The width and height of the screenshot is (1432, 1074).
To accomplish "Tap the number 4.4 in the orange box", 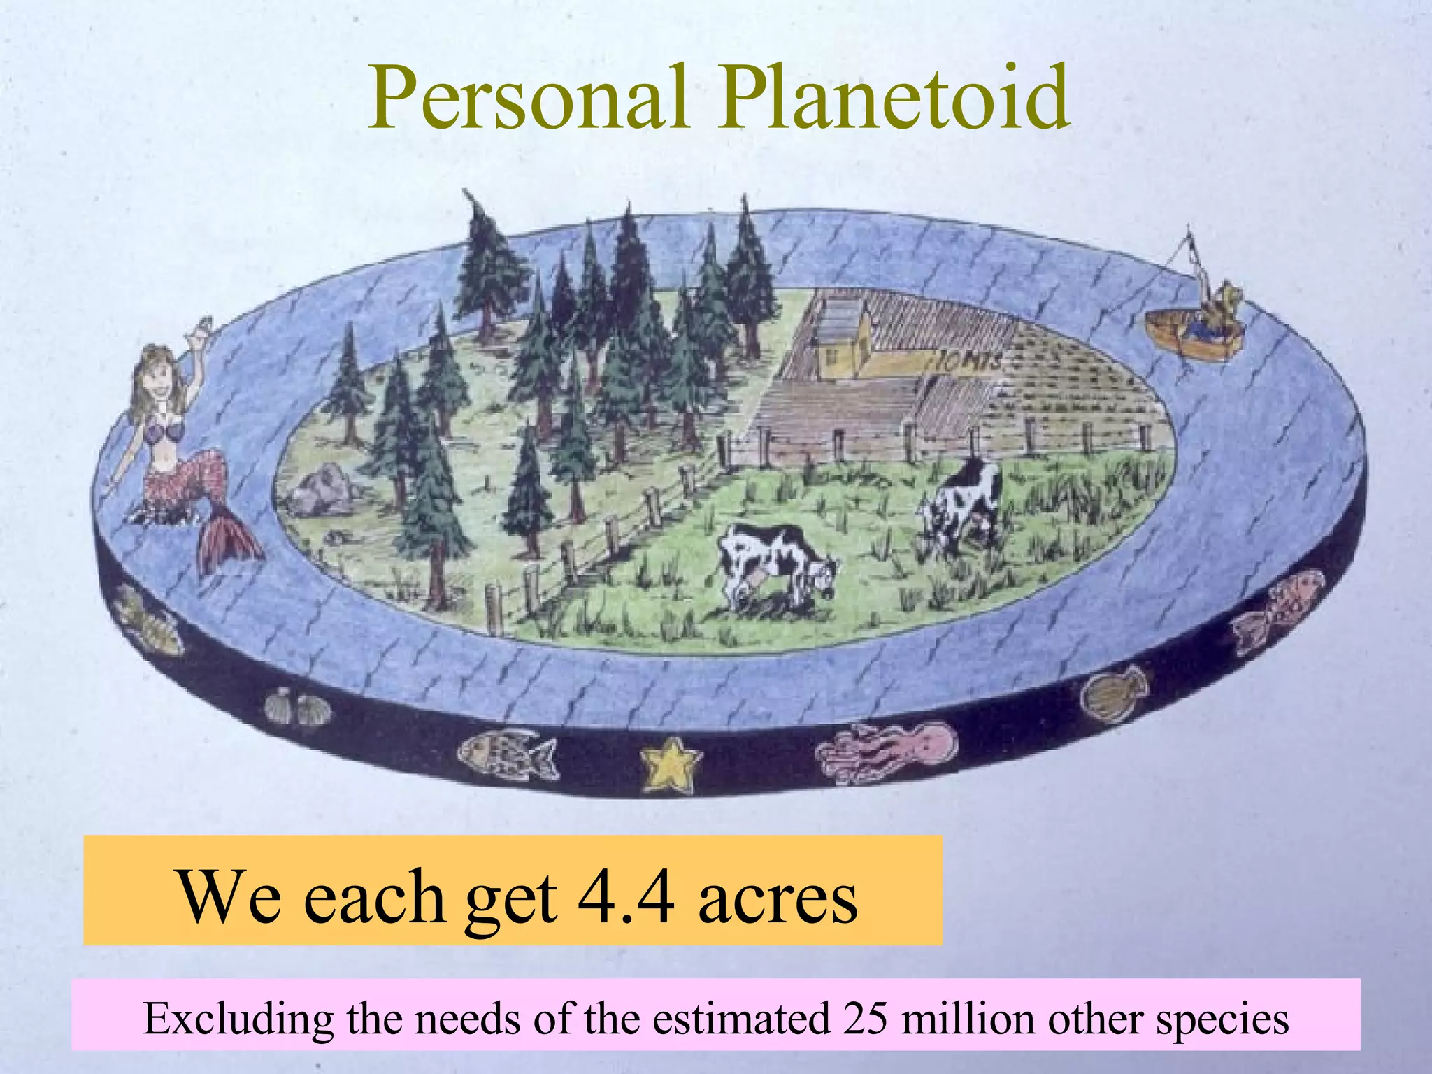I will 626,896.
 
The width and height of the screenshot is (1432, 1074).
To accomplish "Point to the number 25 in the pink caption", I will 865,1018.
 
